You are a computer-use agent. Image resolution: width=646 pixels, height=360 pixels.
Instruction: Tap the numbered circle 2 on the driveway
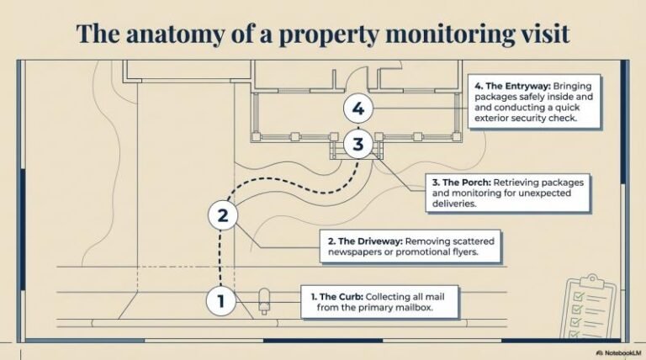click(x=222, y=215)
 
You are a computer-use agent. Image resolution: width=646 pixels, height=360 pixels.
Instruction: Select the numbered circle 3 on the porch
click(x=358, y=144)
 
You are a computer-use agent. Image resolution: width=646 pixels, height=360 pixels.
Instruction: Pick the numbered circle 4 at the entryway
click(x=358, y=109)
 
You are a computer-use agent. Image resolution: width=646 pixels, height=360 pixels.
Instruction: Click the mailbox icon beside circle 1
click(x=265, y=299)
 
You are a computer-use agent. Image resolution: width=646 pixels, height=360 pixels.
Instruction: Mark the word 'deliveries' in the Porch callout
click(x=454, y=204)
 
